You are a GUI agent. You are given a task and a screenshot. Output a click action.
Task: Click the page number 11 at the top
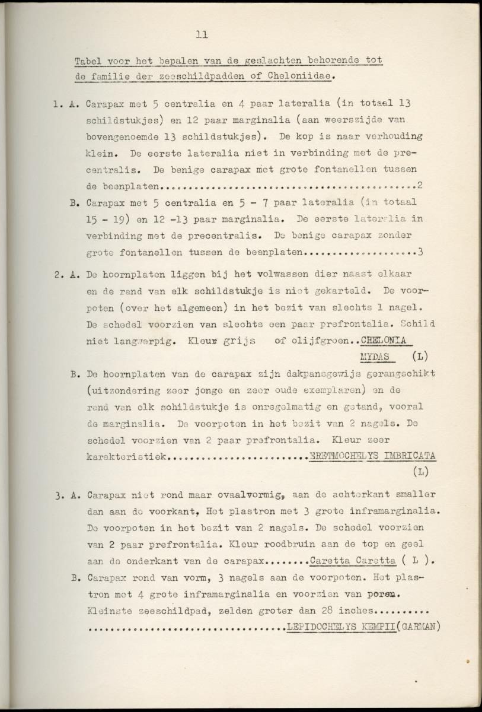[201, 35]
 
